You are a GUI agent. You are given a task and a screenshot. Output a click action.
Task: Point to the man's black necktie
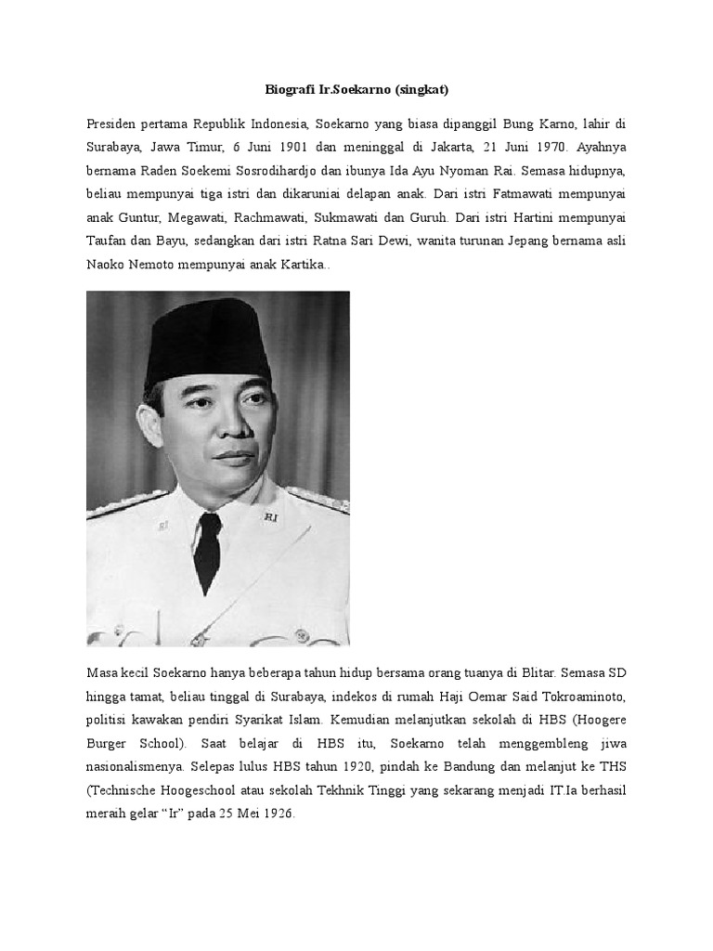(207, 538)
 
